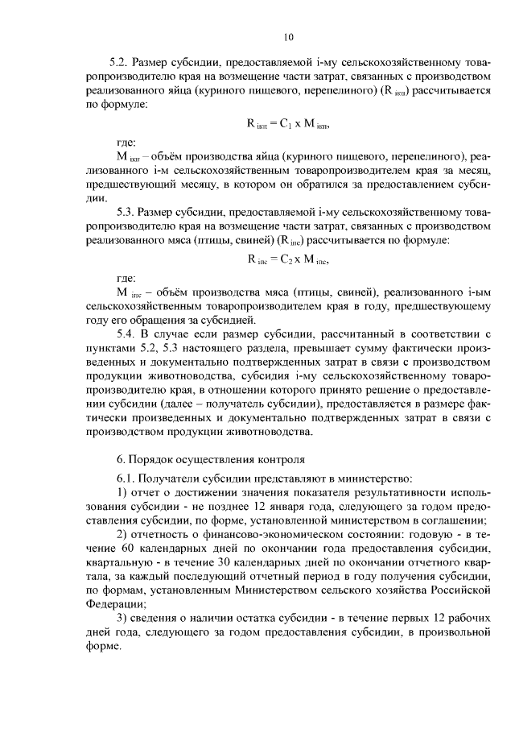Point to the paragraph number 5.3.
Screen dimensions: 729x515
click(x=126, y=212)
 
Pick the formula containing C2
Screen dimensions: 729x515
click(x=288, y=260)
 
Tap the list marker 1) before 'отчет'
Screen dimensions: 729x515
click(x=122, y=492)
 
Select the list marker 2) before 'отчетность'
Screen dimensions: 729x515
click(x=122, y=535)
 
